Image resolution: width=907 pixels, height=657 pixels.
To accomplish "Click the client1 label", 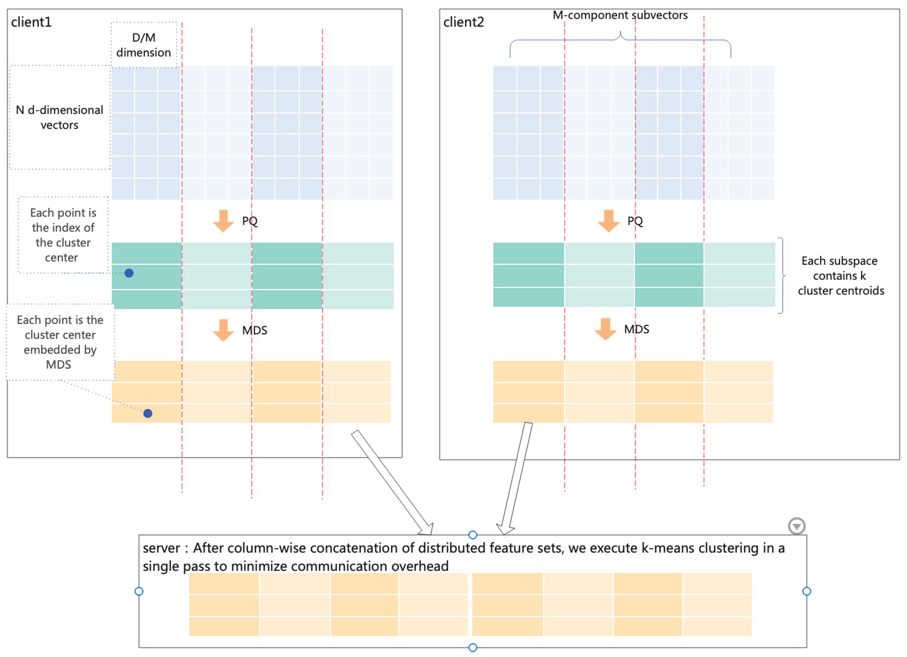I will (31, 22).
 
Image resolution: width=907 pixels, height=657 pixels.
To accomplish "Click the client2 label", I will (464, 22).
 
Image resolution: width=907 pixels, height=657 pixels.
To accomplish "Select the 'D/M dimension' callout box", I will (144, 45).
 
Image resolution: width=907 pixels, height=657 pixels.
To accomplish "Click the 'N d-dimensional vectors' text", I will (59, 117).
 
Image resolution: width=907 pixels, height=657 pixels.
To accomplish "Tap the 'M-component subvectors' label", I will (620, 15).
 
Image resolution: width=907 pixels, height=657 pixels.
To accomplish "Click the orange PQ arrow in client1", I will (223, 221).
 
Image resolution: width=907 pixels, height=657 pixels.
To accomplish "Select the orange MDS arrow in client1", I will (223, 330).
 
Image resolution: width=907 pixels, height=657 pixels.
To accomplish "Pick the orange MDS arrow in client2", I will (605, 329).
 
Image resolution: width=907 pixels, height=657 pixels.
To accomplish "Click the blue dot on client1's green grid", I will (129, 273).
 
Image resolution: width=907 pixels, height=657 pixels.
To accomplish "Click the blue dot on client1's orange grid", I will (148, 413).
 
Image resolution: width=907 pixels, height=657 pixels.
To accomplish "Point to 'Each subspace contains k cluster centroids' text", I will (840, 275).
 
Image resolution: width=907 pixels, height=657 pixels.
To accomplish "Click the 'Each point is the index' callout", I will (63, 235).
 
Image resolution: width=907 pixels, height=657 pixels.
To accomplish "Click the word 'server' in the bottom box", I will (161, 548).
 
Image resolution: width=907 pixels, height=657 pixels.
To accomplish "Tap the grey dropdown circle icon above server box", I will (796, 526).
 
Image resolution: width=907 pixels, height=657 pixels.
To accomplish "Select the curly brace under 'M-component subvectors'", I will (620, 40).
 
